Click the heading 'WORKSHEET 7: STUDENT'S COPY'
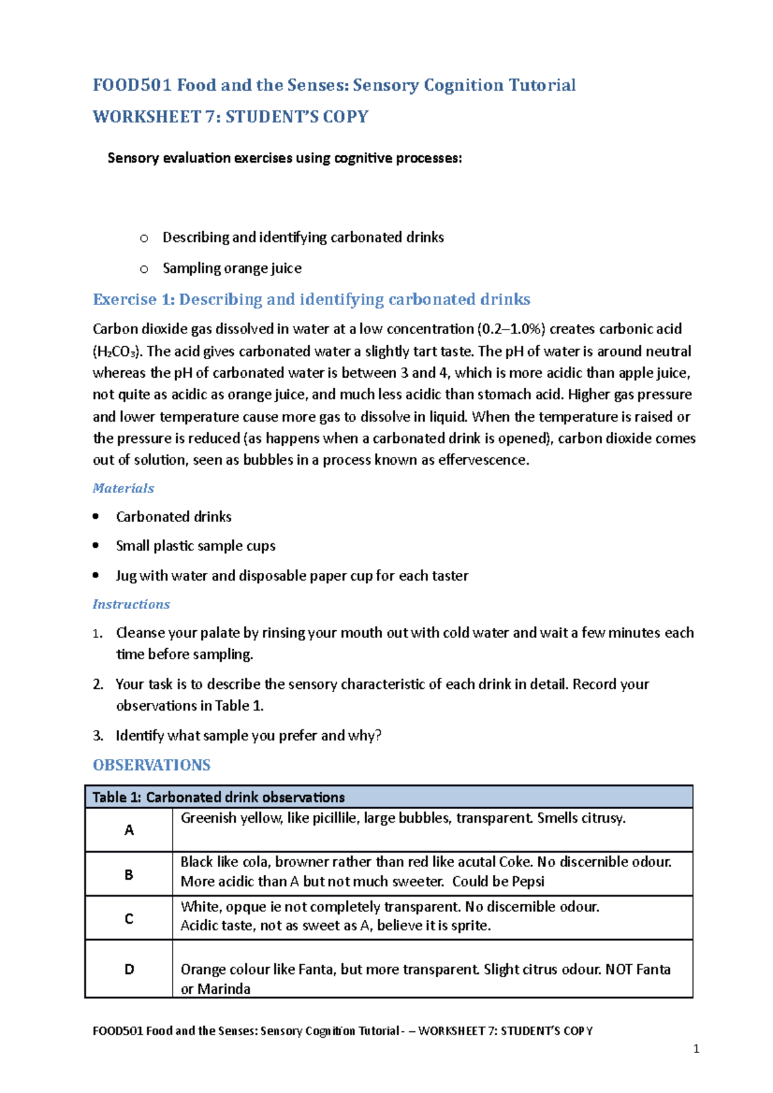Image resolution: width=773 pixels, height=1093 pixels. (x=230, y=117)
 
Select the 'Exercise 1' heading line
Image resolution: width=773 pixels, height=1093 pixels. (x=311, y=299)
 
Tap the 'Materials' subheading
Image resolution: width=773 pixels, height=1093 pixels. (x=123, y=488)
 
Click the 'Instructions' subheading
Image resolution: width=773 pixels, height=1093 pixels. (x=131, y=604)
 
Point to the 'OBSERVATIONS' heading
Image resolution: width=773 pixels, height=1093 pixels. (x=151, y=765)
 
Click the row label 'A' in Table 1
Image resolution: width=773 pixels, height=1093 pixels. (x=129, y=830)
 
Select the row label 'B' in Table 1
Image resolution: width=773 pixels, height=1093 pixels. (x=129, y=875)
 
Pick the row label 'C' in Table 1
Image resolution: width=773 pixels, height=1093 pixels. (x=129, y=919)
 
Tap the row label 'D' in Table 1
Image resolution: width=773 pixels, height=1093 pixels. (x=129, y=969)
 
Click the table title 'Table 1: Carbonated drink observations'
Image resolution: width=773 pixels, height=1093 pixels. (x=218, y=797)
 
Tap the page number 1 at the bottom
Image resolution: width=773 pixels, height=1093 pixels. (x=696, y=1049)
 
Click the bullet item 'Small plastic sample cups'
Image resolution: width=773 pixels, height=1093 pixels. (x=195, y=546)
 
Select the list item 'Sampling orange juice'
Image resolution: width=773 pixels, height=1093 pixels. (x=232, y=268)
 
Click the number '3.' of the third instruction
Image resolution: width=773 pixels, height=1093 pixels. (x=98, y=735)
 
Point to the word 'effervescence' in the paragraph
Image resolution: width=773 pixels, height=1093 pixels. (x=482, y=460)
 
